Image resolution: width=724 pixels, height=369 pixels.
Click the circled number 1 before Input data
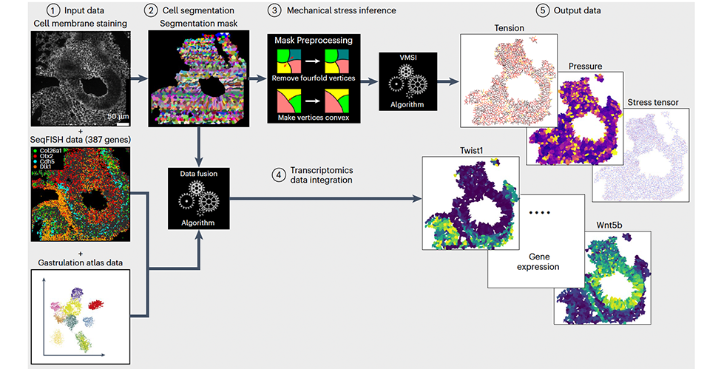click(52, 11)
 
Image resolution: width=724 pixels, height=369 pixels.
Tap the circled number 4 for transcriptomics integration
click(278, 175)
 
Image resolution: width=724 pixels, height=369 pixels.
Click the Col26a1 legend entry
click(54, 151)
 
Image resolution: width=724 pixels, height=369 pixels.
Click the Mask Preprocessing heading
click(314, 40)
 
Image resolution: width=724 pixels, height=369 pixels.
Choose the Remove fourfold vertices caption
click(313, 78)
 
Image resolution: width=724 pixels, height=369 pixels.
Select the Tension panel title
click(509, 29)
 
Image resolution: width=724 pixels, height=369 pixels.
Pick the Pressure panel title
click(584, 66)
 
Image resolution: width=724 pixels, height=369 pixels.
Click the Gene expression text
click(535, 266)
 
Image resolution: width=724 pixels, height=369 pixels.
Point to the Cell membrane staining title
click(81, 24)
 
